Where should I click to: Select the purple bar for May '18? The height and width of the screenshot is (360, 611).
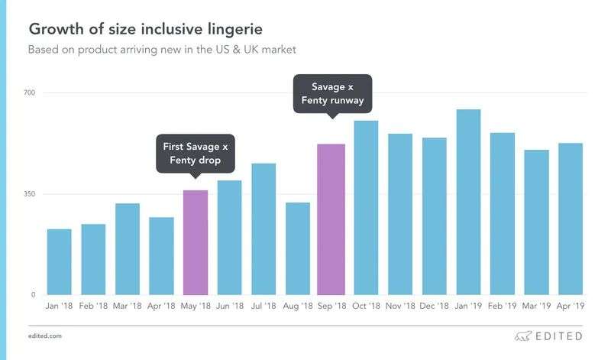196,242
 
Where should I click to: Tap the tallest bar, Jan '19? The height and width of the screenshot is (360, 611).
467,202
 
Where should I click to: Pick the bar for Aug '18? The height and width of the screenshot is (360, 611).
297,248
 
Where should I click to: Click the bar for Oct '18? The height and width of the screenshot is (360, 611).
366,208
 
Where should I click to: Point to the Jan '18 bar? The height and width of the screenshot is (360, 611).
59,261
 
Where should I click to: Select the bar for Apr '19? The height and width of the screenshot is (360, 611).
570,219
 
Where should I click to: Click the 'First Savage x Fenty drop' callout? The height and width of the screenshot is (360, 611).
196,153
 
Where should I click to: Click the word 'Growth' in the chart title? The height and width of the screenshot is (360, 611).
55,30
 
